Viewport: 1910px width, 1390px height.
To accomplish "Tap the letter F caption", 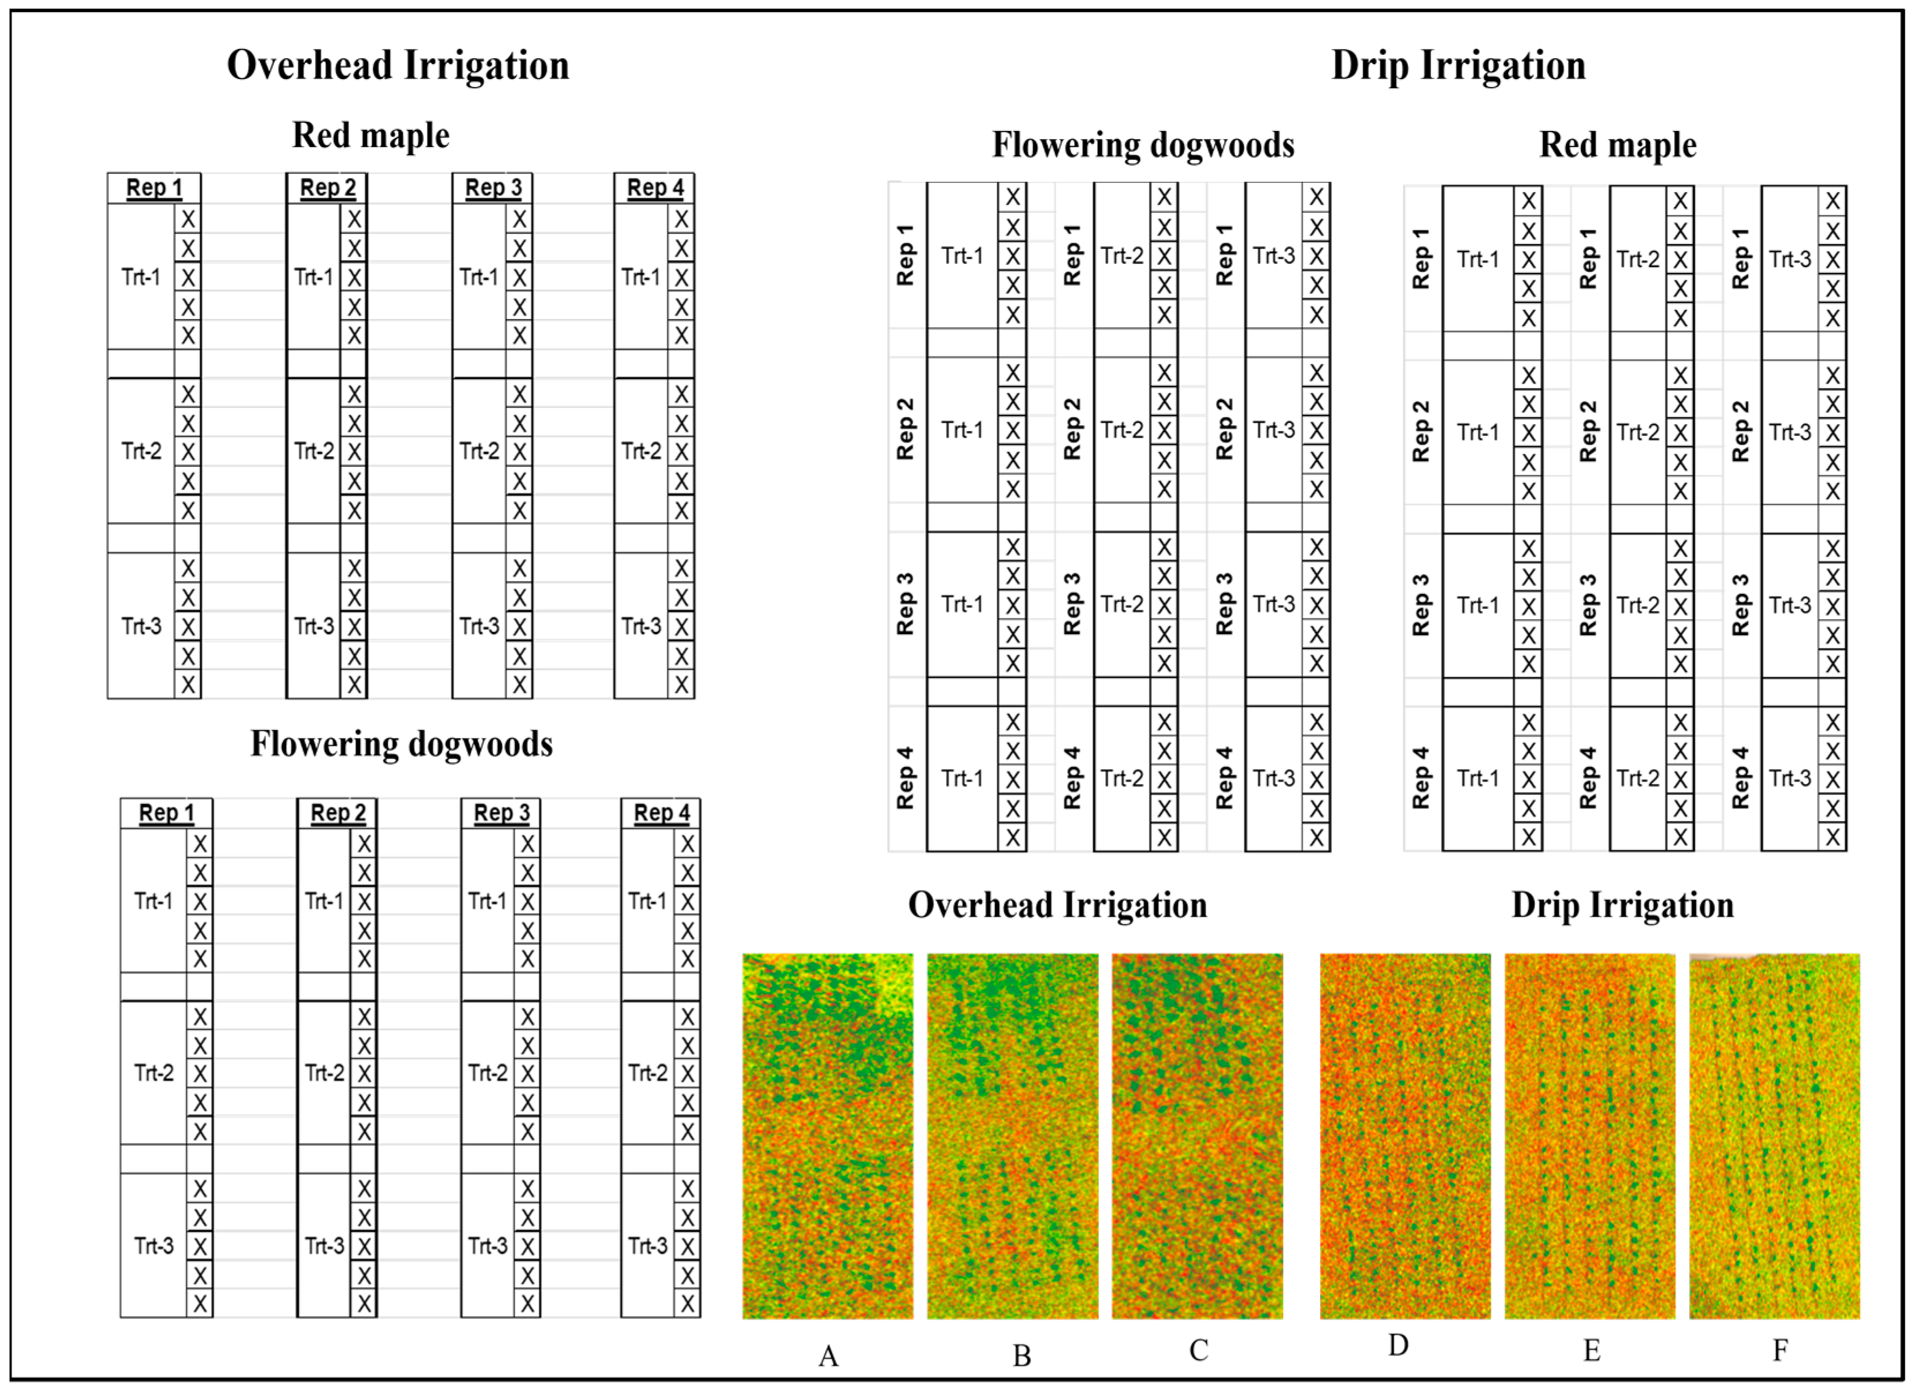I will pos(1780,1350).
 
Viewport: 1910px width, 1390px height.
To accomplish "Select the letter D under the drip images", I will pos(1398,1346).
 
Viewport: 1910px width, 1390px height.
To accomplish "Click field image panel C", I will pos(1196,1136).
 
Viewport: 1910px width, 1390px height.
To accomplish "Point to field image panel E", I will pos(1589,1136).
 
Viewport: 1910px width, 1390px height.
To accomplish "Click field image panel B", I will pos(1012,1136).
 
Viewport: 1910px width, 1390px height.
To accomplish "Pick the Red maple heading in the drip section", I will pos(1617,144).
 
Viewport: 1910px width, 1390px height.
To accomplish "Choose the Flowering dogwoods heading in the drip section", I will pos(1143,144).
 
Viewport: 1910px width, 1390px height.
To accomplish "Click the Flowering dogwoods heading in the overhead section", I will pos(401,744).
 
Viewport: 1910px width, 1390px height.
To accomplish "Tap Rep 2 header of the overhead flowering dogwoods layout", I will pos(337,813).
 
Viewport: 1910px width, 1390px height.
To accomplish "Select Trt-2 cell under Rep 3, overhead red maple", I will pos(479,452).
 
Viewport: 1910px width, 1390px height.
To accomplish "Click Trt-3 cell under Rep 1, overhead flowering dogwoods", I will pos(153,1245).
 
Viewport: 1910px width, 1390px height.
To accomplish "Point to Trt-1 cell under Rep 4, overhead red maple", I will pos(641,277).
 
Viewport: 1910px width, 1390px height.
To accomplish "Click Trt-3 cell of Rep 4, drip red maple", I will pos(1789,778).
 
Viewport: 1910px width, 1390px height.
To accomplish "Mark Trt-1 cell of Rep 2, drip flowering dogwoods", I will pos(962,430).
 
